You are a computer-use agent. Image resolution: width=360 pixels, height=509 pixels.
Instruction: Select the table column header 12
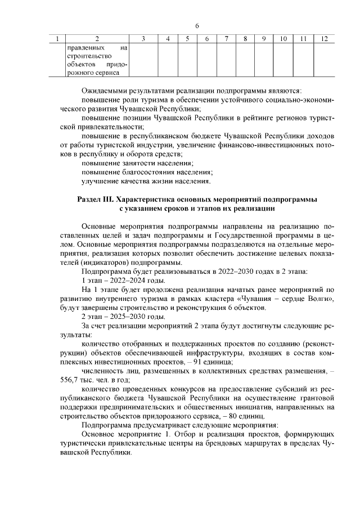[323, 38]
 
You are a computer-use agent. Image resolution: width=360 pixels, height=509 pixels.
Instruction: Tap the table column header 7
[226, 38]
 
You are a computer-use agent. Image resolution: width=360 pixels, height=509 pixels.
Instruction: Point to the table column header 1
[57, 38]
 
